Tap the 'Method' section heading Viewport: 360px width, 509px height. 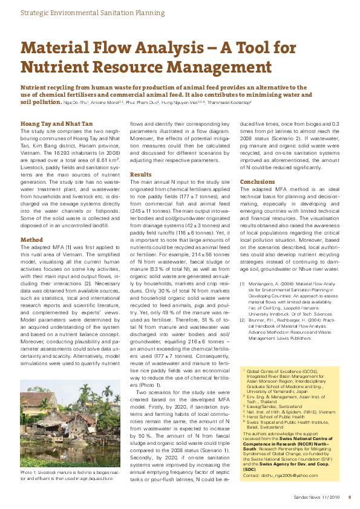point(31,239)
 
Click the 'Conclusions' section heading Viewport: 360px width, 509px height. point(257,181)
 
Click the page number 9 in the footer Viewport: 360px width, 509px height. point(349,498)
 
